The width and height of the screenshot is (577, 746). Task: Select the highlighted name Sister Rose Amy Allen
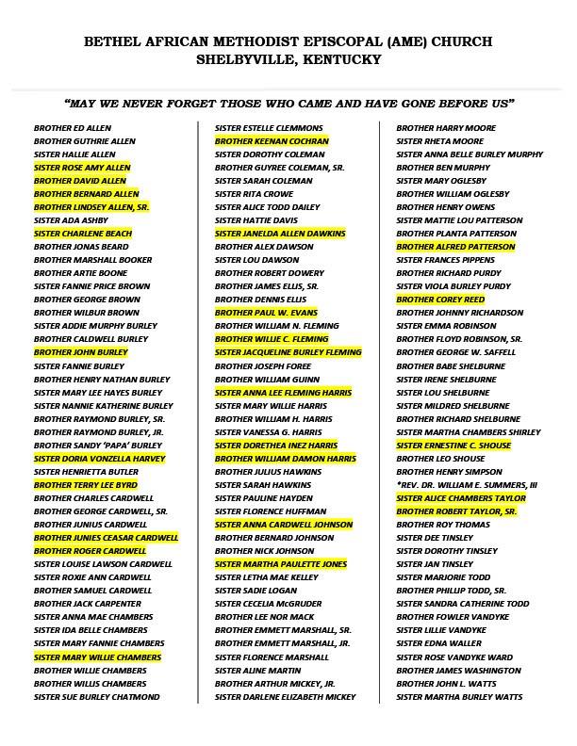tap(82, 168)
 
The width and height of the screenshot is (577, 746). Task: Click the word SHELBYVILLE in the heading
tap(247, 59)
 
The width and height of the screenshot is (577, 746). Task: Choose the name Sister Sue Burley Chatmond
tap(97, 697)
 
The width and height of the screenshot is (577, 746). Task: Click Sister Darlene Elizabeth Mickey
tap(285, 697)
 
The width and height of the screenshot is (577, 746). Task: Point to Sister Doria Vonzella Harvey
tap(99, 458)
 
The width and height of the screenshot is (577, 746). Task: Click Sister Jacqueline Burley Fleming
tap(288, 352)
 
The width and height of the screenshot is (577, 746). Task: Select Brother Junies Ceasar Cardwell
tap(106, 538)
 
